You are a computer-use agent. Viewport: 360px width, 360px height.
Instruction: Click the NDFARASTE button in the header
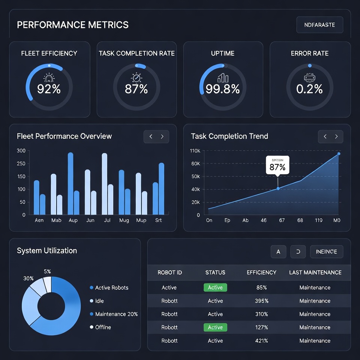[x=319, y=25]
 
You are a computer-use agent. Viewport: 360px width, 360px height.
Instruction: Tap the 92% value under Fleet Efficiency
[x=49, y=89]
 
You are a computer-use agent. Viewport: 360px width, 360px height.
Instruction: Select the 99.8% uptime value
[x=223, y=89]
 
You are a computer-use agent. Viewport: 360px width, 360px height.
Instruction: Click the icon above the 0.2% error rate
[x=309, y=78]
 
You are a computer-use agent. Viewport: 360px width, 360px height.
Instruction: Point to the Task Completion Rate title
[x=136, y=53]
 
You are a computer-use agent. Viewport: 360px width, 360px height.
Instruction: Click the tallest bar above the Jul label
[x=104, y=183]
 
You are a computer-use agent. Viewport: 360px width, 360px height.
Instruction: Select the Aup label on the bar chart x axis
[x=73, y=220]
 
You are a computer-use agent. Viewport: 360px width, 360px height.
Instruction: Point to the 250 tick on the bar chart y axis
[x=21, y=163]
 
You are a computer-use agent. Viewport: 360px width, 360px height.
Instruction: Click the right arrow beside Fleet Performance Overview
[x=162, y=136]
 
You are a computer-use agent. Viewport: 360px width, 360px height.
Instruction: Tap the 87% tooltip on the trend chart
[x=277, y=165]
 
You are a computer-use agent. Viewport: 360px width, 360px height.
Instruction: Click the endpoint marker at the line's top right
[x=339, y=154]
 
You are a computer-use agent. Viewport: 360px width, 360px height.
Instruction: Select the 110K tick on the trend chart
[x=195, y=151]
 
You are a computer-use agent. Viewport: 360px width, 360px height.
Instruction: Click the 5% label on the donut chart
[x=47, y=271]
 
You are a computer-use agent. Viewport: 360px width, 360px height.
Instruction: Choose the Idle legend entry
[x=99, y=301]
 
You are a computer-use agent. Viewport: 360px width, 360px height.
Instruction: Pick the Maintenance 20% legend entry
[x=116, y=314]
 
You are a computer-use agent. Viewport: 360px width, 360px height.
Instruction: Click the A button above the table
[x=278, y=252]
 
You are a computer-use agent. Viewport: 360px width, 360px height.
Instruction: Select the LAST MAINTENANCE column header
[x=315, y=272]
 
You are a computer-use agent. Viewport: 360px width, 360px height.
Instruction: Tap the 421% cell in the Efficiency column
[x=261, y=340]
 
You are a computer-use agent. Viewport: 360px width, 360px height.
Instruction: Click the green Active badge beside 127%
[x=215, y=327]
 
